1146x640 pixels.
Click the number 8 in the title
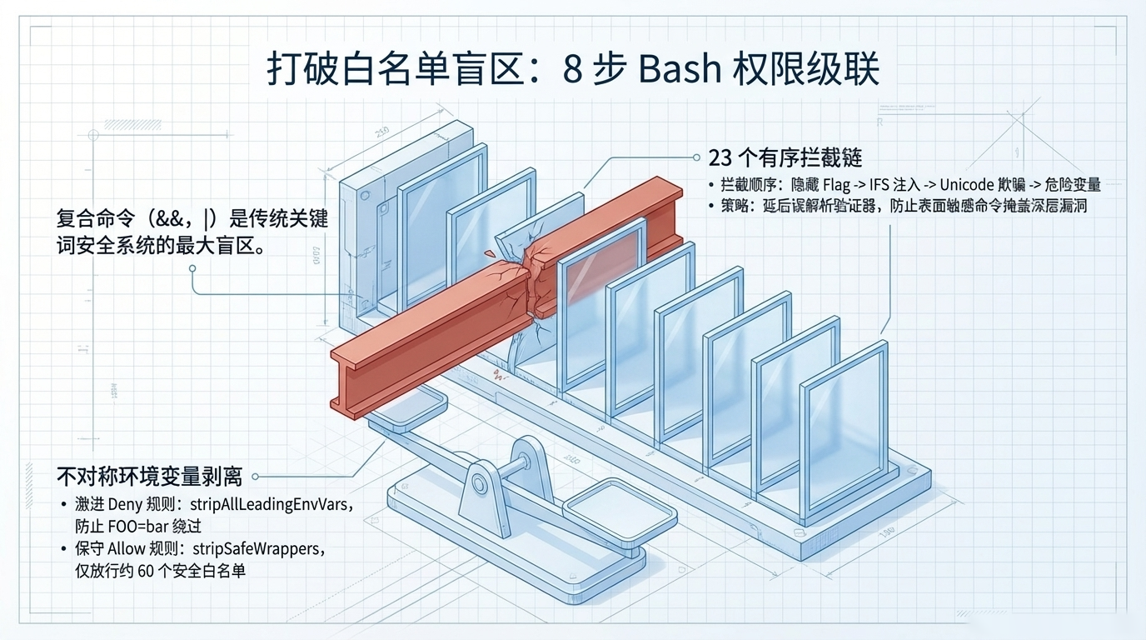pos(571,70)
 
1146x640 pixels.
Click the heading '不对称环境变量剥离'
pos(149,477)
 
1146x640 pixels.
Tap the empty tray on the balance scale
pos(608,504)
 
